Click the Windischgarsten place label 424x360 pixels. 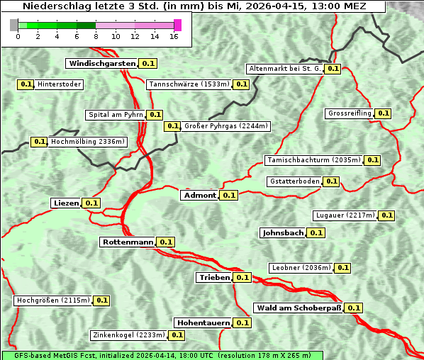tap(102, 63)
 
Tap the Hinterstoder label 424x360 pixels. tap(60, 84)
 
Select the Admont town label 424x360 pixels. tap(199, 195)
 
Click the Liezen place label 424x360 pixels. tap(66, 203)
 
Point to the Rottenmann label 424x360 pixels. tap(128, 242)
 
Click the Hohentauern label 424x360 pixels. tap(203, 322)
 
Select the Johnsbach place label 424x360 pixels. tap(283, 232)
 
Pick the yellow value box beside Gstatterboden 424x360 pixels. tap(331, 181)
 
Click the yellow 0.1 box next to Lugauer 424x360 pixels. tap(386, 215)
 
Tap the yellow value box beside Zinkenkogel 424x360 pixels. tap(177, 335)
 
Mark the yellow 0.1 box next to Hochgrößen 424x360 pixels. tap(101, 300)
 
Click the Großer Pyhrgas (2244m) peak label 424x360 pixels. tap(225, 126)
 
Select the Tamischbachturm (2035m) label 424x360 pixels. tap(313, 160)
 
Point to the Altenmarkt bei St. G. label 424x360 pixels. tap(284, 69)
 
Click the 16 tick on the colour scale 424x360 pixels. tap(174, 37)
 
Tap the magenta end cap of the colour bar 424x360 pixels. tap(177, 25)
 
